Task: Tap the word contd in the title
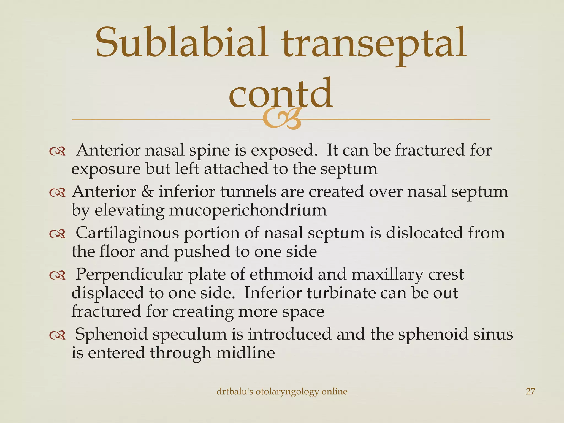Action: coord(281,94)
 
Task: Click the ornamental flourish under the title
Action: coord(281,119)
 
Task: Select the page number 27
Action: coord(530,391)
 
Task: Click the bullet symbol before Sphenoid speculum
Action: coord(57,335)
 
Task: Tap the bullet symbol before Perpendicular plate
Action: coord(57,275)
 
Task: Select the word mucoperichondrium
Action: coord(248,211)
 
